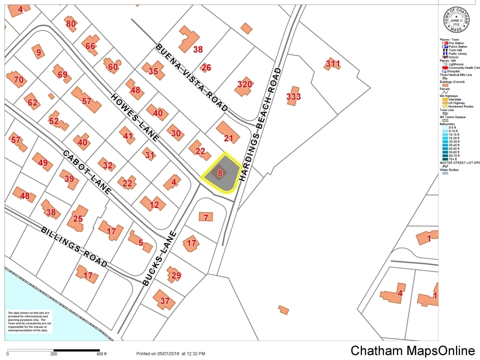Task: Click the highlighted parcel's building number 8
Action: pyautogui.click(x=220, y=173)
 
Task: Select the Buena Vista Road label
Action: pyautogui.click(x=192, y=77)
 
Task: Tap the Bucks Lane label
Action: pyautogui.click(x=159, y=258)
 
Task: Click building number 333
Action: pyautogui.click(x=293, y=96)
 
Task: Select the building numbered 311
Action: pyautogui.click(x=332, y=64)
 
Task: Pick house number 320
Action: pyautogui.click(x=244, y=84)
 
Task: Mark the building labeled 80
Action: pyautogui.click(x=71, y=23)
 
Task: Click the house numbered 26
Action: pyautogui.click(x=206, y=67)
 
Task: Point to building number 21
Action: pyautogui.click(x=228, y=138)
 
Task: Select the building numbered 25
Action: pyautogui.click(x=78, y=218)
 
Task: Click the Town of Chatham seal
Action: pyautogui.click(x=456, y=20)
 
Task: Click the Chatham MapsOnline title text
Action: pyautogui.click(x=412, y=350)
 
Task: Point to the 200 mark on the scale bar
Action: pyautogui.click(x=53, y=354)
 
